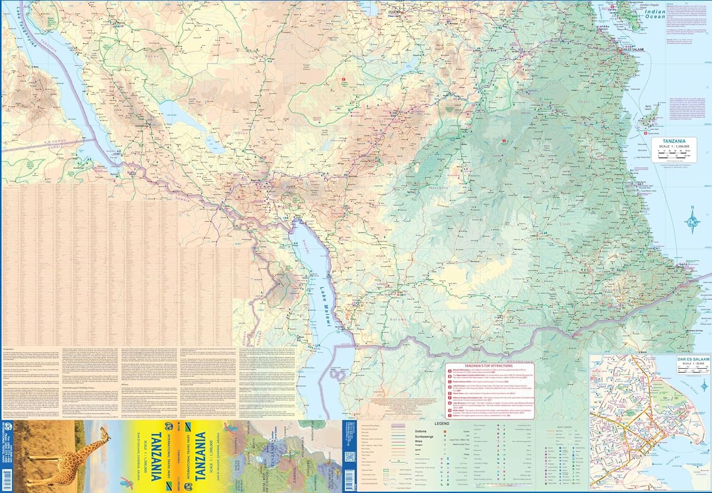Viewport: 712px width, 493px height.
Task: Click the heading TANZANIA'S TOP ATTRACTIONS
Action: [x=486, y=365]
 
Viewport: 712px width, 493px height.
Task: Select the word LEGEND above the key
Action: [x=440, y=424]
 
